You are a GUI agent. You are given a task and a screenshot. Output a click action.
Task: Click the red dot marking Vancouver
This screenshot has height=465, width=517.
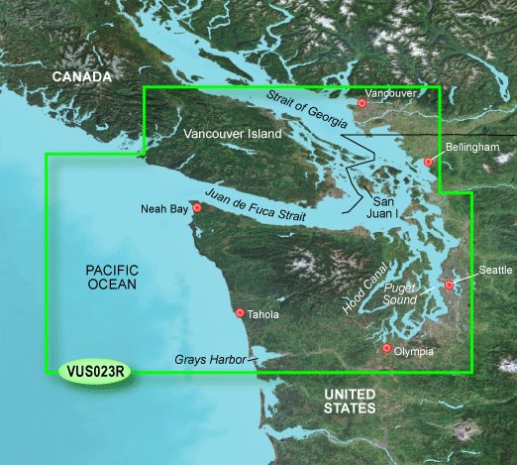363,103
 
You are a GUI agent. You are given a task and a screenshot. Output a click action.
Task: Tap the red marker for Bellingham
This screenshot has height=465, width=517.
428,161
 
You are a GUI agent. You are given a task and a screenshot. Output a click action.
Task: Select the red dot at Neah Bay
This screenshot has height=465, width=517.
197,208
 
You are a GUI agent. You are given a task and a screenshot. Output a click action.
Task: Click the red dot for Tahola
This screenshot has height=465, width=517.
240,312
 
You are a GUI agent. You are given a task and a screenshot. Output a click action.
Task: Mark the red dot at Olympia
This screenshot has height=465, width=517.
387,349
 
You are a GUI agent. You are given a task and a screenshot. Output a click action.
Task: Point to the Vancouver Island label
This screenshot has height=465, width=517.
233,134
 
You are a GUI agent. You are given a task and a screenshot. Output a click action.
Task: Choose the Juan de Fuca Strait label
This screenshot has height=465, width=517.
252,204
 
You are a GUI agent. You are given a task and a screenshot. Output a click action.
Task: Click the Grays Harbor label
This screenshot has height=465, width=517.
207,360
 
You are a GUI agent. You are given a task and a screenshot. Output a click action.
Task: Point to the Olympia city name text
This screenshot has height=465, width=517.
414,351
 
